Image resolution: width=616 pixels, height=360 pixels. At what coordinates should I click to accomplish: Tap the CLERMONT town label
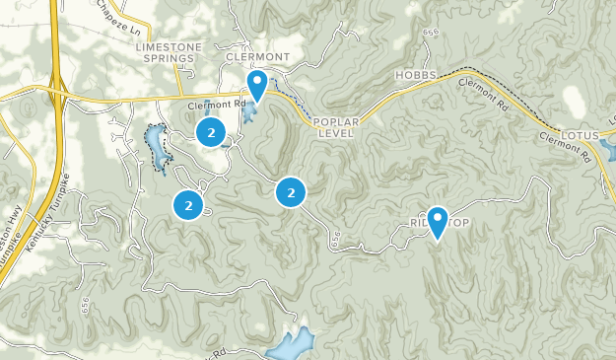[256, 57]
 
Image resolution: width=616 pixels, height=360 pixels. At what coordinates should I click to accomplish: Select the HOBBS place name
[417, 76]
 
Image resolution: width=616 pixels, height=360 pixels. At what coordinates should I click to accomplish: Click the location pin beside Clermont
[257, 85]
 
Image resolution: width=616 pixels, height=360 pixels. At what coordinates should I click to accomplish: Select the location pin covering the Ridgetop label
[437, 221]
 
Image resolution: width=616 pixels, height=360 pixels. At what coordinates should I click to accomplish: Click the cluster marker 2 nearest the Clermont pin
[210, 131]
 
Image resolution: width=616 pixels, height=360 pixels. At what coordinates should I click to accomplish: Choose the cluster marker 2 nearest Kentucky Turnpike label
[187, 205]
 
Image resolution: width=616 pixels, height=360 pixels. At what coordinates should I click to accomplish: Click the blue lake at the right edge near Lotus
[607, 151]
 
